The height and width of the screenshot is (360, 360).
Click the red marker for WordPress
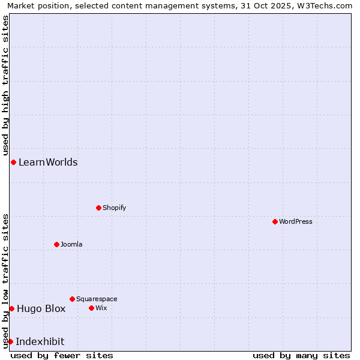(x=275, y=221)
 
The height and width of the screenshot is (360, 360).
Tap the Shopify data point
(x=98, y=208)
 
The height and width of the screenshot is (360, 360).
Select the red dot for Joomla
(x=56, y=244)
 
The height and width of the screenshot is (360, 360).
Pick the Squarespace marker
(x=72, y=299)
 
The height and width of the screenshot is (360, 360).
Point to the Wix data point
(x=91, y=308)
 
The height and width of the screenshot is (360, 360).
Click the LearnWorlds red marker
(x=13, y=162)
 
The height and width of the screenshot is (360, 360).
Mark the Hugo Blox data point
(x=11, y=308)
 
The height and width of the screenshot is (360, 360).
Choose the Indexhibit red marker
(x=10, y=341)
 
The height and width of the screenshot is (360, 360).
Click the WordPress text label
(x=296, y=221)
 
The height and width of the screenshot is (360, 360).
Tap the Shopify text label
(x=115, y=208)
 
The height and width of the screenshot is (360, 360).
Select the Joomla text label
(x=71, y=244)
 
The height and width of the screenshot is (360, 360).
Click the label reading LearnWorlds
(x=48, y=162)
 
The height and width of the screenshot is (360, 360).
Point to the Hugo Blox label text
(x=41, y=308)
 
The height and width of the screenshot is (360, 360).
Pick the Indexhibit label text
(x=40, y=341)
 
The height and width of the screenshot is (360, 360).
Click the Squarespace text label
(x=97, y=299)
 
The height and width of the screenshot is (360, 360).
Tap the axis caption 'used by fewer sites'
(x=62, y=355)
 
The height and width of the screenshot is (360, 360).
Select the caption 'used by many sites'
(x=301, y=355)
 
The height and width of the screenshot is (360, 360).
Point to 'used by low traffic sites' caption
(x=5, y=280)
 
